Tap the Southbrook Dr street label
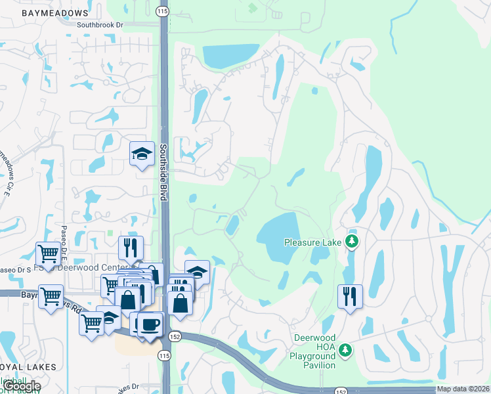tap(100, 25)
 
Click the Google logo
tap(21, 386)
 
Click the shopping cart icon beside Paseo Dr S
tap(48, 253)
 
